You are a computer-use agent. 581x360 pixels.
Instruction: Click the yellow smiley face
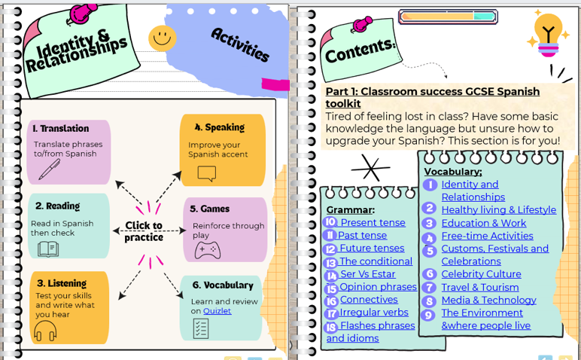[162, 38]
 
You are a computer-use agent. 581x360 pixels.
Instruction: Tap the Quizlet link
[217, 311]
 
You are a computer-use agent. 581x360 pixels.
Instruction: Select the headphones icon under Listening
[45, 330]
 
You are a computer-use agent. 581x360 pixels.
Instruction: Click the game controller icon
[207, 250]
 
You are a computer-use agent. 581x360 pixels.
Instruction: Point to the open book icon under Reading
[47, 249]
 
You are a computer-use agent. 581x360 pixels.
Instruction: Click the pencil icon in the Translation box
[50, 169]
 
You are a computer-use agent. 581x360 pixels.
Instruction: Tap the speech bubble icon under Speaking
[206, 174]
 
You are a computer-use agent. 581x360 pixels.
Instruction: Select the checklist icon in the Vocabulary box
[201, 328]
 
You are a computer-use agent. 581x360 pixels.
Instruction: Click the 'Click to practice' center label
[144, 231]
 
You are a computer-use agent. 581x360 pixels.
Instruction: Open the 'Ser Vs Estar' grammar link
[368, 274]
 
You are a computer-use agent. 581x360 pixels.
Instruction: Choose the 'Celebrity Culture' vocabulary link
[481, 274]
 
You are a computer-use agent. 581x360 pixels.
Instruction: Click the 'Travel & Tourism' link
[479, 287]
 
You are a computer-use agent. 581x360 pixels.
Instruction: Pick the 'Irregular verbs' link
[374, 313]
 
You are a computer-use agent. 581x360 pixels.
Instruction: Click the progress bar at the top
[447, 17]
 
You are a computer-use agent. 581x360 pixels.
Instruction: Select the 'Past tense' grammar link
[362, 236]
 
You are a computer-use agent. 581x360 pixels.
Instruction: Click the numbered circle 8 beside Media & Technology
[429, 301]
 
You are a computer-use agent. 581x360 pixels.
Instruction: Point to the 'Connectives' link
[369, 300]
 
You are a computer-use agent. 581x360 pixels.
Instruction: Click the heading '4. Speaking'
[219, 128]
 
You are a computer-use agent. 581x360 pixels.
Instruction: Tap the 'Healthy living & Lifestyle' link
[498, 210]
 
